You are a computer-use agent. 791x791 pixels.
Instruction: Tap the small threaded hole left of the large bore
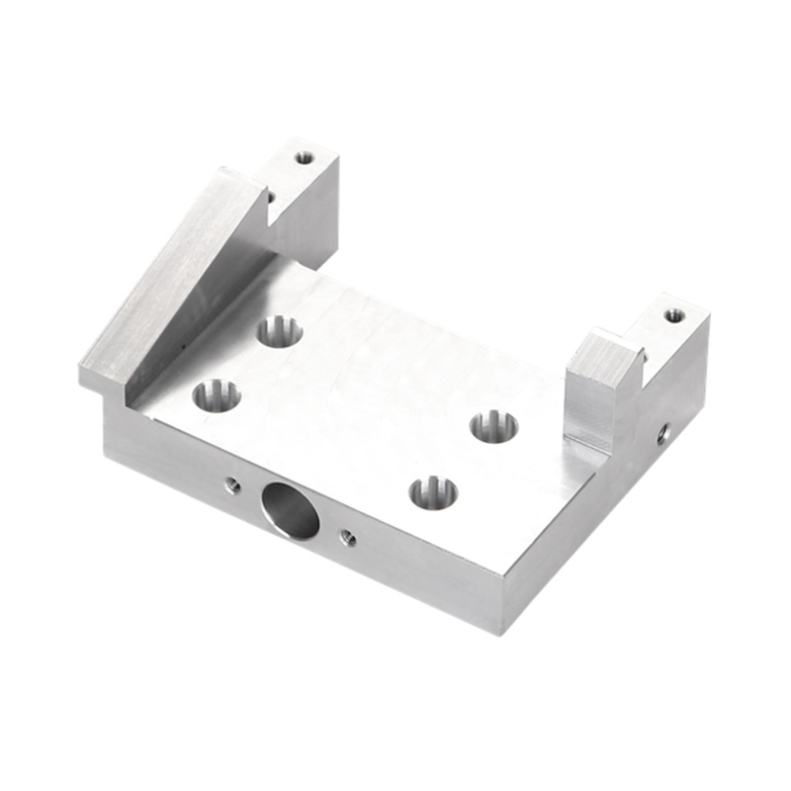click(233, 484)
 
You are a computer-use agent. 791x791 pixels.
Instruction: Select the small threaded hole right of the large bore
click(348, 537)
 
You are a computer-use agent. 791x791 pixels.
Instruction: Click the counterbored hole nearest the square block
click(493, 426)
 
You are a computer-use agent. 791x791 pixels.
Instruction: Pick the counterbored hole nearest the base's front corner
click(433, 491)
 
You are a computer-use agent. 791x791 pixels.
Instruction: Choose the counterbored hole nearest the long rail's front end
click(217, 396)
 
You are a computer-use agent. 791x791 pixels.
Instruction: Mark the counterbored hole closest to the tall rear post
click(280, 331)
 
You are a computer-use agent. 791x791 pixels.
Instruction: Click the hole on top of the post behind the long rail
click(305, 157)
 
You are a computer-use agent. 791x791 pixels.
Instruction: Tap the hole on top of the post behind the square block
click(673, 315)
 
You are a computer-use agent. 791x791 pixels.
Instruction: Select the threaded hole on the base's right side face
click(663, 432)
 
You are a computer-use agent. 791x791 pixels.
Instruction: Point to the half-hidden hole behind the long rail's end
click(270, 197)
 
